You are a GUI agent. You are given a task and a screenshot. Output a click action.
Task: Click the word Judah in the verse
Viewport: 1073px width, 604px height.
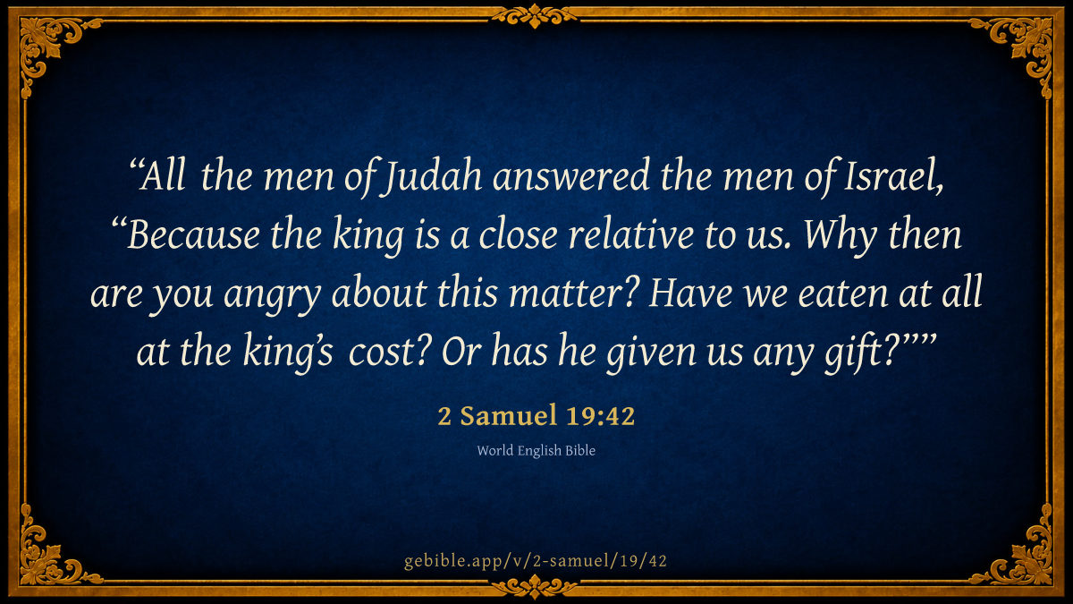coord(431,176)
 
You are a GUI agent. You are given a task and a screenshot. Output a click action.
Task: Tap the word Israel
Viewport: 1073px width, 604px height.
coord(894,176)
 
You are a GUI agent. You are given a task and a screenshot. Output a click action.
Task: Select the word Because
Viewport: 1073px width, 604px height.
coord(194,234)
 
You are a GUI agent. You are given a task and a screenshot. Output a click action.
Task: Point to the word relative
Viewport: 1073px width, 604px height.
coord(631,234)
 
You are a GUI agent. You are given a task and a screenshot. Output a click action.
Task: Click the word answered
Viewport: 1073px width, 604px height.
coord(571,176)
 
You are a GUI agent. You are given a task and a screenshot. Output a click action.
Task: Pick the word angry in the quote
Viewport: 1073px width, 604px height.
coord(272,294)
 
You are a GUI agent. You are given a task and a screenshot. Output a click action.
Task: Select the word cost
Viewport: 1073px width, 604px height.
coord(387,353)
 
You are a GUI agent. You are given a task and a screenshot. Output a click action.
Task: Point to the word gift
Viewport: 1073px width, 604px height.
coord(861,353)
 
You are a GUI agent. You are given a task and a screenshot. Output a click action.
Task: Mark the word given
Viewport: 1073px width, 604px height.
coord(651,353)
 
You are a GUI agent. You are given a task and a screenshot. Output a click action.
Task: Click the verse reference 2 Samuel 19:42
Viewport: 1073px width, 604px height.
coord(536,415)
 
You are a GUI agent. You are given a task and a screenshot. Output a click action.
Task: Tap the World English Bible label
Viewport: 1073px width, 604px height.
coord(536,451)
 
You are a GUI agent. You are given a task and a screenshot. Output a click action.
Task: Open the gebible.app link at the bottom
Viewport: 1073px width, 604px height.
coord(536,561)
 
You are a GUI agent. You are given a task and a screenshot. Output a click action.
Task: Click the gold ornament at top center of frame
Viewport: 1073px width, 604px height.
coord(535,16)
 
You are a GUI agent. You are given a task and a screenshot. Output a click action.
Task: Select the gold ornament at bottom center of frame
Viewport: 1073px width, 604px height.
coord(535,587)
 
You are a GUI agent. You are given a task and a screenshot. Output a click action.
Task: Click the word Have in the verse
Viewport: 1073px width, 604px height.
coord(690,293)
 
